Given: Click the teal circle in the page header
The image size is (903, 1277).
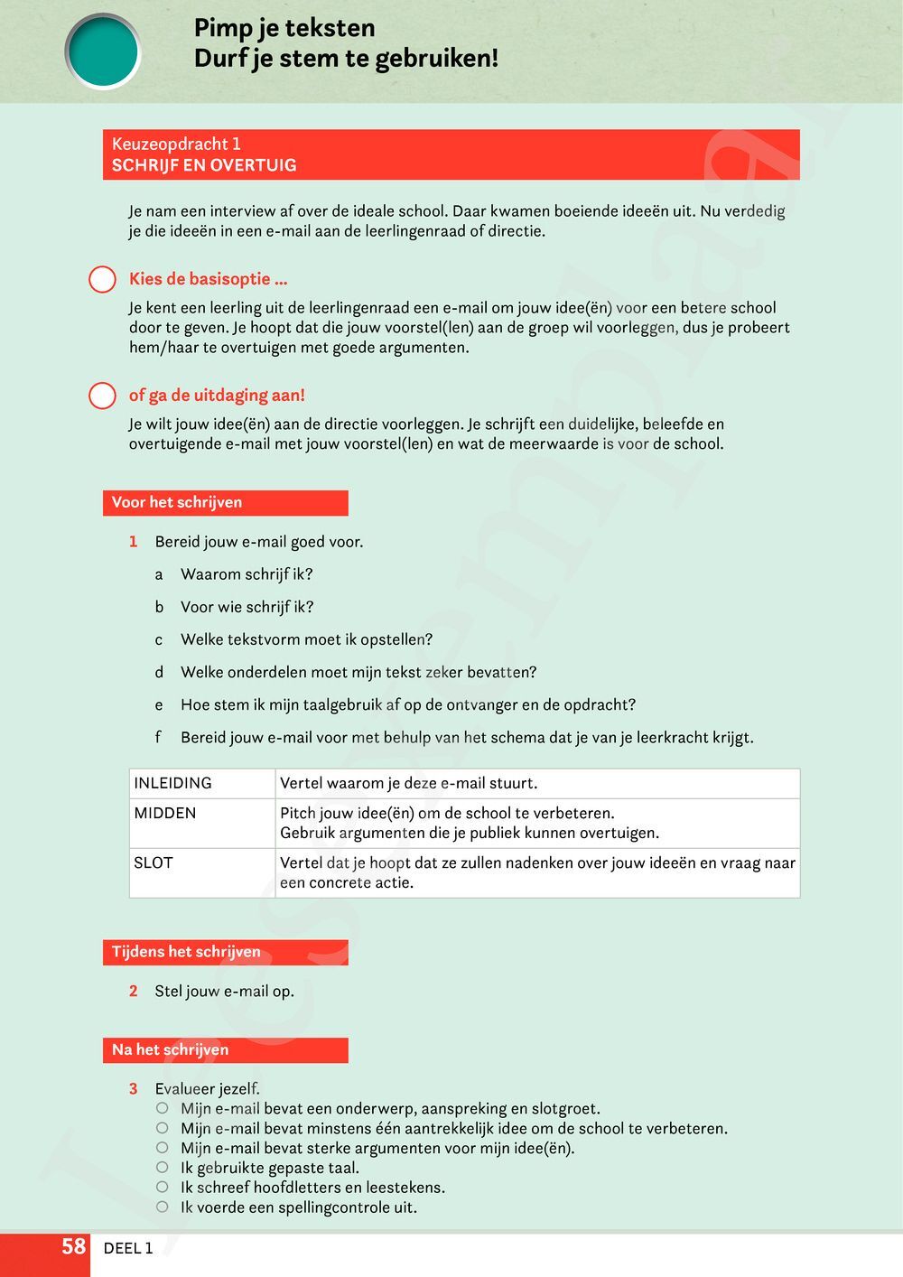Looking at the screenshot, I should click(x=103, y=51).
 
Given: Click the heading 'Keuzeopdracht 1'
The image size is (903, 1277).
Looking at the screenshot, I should click(x=176, y=144).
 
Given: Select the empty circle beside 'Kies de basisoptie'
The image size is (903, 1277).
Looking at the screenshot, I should click(x=102, y=280).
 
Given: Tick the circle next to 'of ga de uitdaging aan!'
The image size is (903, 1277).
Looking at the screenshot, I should click(x=102, y=396).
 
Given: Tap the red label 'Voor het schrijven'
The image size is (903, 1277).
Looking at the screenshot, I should click(x=177, y=503).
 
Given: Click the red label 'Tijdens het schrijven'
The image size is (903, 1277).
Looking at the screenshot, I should click(x=186, y=952).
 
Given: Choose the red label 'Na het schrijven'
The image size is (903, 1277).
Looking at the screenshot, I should click(x=171, y=1050).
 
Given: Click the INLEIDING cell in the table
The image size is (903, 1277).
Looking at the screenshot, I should click(x=173, y=783).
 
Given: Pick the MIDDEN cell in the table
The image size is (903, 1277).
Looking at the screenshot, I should click(x=165, y=814).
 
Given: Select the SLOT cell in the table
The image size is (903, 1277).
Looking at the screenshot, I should click(x=154, y=863).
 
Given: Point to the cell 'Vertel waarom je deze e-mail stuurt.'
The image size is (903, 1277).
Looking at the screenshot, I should click(x=408, y=783).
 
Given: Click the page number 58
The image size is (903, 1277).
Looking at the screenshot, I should click(x=73, y=1247).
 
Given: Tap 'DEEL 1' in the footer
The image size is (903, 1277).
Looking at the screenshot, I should click(x=128, y=1249).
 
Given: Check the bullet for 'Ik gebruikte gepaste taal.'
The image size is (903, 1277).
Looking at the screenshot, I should click(x=163, y=1168).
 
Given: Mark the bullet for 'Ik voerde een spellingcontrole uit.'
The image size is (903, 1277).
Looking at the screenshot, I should click(x=163, y=1207).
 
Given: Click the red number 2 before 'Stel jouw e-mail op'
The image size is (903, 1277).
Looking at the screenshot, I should click(x=134, y=992).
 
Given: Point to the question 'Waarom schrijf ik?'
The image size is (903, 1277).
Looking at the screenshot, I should click(x=247, y=574).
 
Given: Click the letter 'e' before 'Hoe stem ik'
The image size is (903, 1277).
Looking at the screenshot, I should click(x=159, y=705).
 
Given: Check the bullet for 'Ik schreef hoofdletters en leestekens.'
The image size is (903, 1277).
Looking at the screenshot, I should click(x=163, y=1188).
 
